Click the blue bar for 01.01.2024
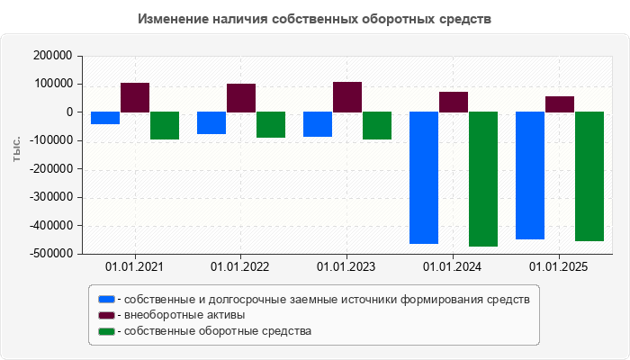(x=424, y=177)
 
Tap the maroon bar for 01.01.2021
(x=135, y=97)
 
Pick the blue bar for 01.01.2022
(x=211, y=122)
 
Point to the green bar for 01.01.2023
(x=377, y=125)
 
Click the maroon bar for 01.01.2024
(x=454, y=102)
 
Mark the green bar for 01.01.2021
(x=165, y=125)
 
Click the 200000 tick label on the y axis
(x=51, y=56)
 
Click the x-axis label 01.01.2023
(x=346, y=267)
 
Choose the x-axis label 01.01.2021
(x=134, y=267)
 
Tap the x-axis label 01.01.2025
(x=559, y=267)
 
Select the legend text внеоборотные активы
(x=184, y=315)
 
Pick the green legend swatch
(x=107, y=331)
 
